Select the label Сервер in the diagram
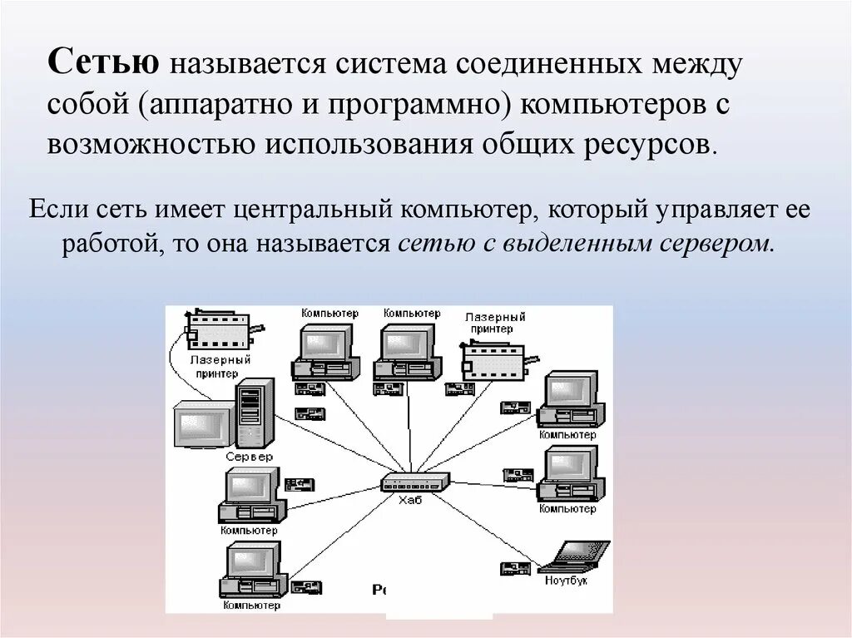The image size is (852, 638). (x=249, y=457)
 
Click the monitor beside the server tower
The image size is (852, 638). (x=201, y=424)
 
